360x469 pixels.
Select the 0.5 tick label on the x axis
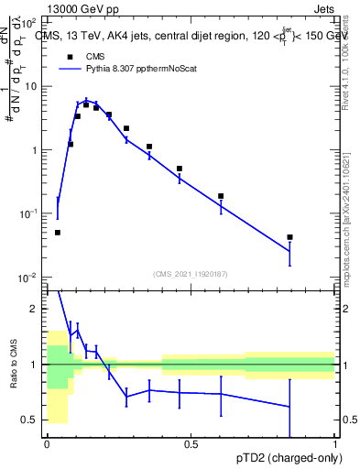coord(191,444)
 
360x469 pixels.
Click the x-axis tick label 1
coord(335,444)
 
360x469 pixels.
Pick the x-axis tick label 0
coord(47,444)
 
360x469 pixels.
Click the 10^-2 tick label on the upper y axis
coord(27,277)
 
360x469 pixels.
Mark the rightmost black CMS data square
coord(289,237)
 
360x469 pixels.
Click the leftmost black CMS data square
coord(58,233)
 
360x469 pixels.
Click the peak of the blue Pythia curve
coord(86,101)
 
